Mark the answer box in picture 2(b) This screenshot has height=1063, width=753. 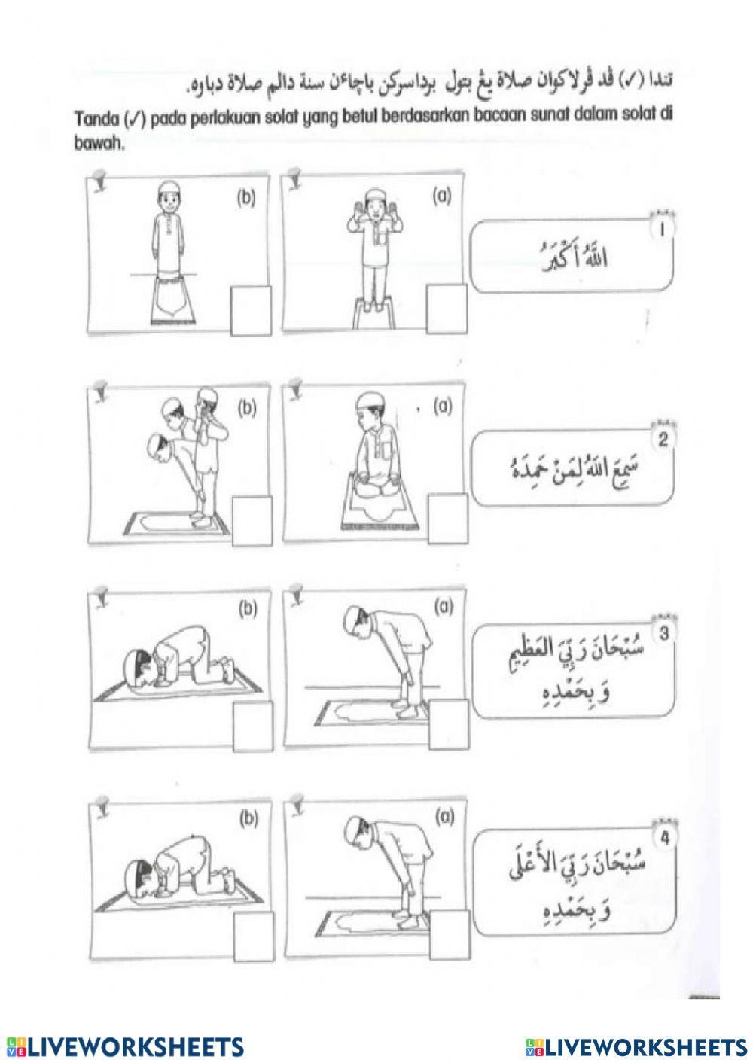[x=252, y=522]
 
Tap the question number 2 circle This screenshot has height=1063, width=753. [x=663, y=441]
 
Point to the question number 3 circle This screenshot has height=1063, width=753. [x=663, y=634]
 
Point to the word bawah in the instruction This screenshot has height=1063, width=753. [x=98, y=145]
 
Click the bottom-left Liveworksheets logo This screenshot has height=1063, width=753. [x=124, y=1046]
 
